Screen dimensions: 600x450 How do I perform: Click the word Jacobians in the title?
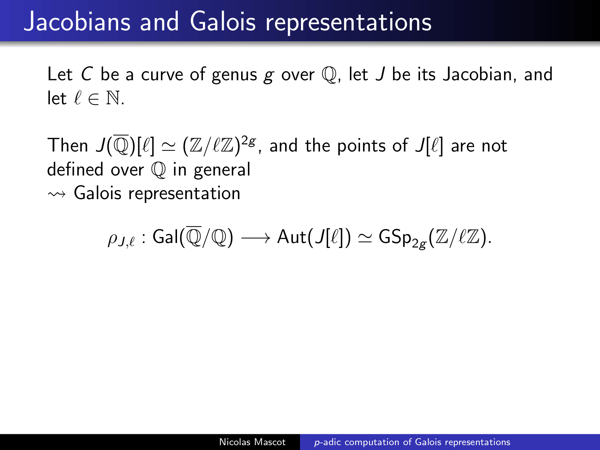point(77,22)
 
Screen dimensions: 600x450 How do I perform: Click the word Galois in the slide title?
point(223,22)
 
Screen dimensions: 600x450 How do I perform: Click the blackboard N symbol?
point(113,98)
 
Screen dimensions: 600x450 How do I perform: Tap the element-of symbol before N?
point(93,99)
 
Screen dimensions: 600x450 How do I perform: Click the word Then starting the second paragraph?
point(67,145)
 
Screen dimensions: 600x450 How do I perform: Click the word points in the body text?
point(361,147)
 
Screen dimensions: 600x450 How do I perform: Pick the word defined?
point(75,169)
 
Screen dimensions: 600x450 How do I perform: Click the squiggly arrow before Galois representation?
point(57,194)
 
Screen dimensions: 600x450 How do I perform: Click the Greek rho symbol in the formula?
point(112,239)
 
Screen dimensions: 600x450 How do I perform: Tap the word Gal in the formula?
point(165,237)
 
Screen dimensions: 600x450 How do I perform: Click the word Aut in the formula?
point(291,237)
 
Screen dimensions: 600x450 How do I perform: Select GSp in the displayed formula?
point(395,237)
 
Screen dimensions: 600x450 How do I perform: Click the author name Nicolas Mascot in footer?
point(252,442)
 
